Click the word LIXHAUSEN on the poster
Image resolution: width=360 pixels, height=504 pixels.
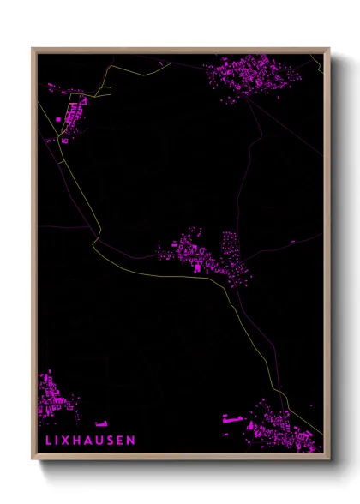pos(89,441)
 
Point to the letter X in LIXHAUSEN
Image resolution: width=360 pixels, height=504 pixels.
pos(65,441)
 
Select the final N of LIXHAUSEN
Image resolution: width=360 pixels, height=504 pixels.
pos(131,441)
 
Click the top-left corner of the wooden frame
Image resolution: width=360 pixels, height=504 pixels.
pos(33,49)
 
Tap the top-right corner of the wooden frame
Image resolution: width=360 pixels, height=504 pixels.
pos(327,49)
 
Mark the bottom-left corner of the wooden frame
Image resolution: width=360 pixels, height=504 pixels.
pos(33,460)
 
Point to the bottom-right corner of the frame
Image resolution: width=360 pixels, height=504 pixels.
pos(327,460)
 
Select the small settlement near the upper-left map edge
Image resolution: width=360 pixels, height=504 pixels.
pos(71,117)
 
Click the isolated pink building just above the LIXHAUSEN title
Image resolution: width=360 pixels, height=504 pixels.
pos(101,423)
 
